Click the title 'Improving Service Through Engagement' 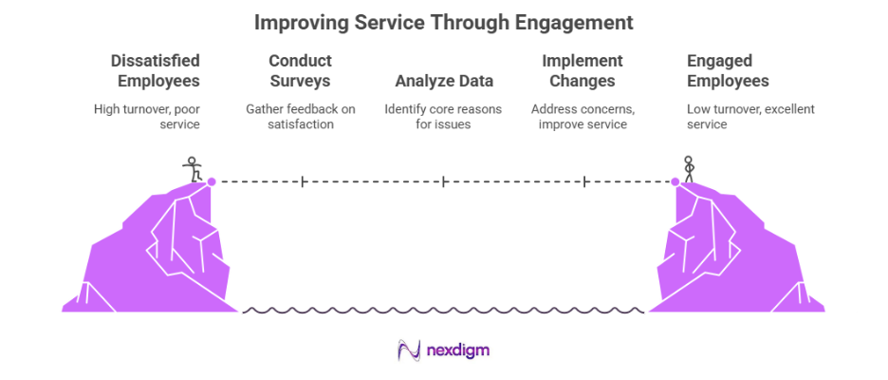[444, 21]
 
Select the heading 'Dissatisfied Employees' [155, 71]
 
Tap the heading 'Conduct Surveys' [300, 71]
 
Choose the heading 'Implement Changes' [581, 71]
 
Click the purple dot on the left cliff [212, 180]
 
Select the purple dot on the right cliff [675, 180]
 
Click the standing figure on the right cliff [690, 167]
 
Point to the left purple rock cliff [157, 252]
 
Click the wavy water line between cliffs [444, 310]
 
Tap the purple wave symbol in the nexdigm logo [411, 351]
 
